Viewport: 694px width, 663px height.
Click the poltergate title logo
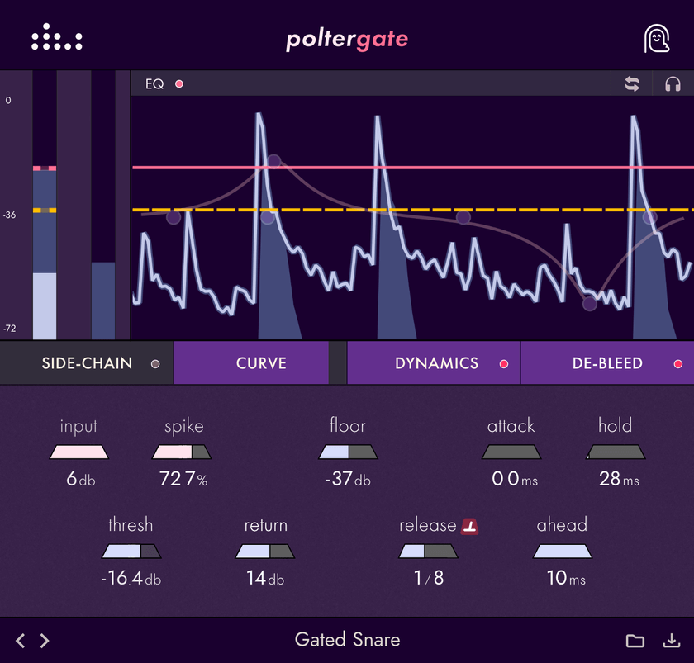[x=347, y=40]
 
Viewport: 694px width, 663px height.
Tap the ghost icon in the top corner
[x=657, y=39]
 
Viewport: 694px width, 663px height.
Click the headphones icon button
[x=673, y=84]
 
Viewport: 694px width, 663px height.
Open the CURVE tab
[x=261, y=363]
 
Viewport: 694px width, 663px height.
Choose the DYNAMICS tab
[x=436, y=363]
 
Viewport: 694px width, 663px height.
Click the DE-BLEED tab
[x=607, y=363]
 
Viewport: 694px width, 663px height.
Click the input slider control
[x=78, y=452]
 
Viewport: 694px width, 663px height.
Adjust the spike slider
[x=182, y=452]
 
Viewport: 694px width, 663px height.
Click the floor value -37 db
[x=348, y=479]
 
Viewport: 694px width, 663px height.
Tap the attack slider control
[x=511, y=452]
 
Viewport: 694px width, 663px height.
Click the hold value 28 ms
[x=616, y=479]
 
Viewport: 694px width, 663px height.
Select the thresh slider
[x=131, y=552]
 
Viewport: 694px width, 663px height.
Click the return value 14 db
[x=265, y=578]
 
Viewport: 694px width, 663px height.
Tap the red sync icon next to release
[x=470, y=526]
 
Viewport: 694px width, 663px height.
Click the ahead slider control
[x=563, y=552]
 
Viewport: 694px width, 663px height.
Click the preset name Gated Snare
[x=347, y=640]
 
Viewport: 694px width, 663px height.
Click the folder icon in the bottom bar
[x=635, y=641]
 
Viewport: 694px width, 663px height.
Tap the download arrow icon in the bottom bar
[x=671, y=641]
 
